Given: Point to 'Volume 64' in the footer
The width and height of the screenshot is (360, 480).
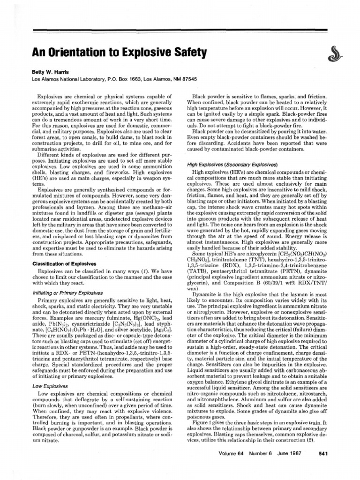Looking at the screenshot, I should [x=232, y=466].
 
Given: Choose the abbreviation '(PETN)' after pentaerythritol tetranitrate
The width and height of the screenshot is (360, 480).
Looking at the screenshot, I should [x=281, y=270].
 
